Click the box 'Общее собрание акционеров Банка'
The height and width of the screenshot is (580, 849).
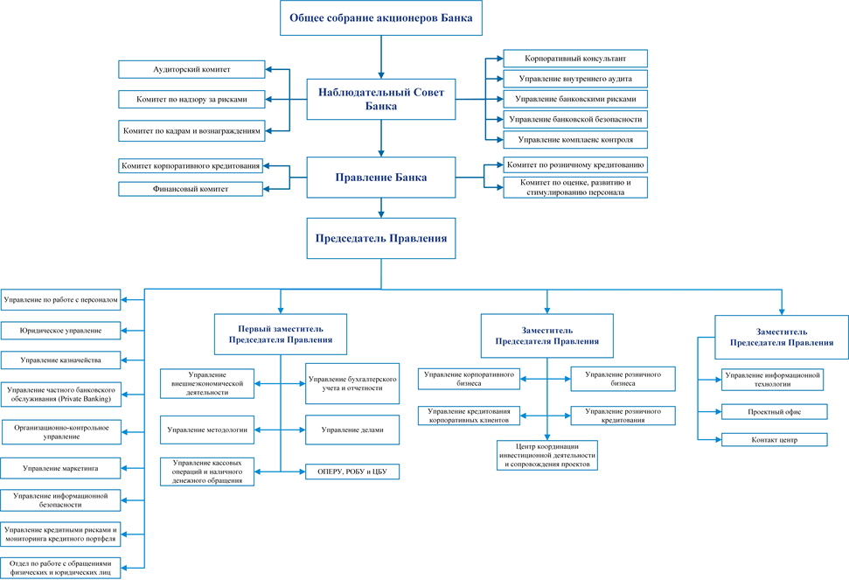tap(380, 17)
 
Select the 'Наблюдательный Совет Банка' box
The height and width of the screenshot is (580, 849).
tap(380, 99)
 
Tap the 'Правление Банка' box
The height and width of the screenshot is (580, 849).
tap(380, 177)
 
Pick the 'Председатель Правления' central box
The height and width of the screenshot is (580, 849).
tap(380, 238)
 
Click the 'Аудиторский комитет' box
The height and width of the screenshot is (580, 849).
tap(191, 69)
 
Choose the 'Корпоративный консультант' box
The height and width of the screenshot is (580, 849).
tap(575, 59)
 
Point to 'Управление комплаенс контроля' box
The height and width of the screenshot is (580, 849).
tap(575, 139)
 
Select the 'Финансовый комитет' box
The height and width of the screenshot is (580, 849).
tap(191, 189)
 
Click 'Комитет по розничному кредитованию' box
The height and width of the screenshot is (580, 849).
tap(575, 164)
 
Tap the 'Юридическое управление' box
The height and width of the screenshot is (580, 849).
tap(60, 331)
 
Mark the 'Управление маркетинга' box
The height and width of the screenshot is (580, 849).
tap(60, 468)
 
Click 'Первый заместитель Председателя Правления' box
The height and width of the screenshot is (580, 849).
tap(281, 334)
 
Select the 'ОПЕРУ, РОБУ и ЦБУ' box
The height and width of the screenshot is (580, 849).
tap(352, 472)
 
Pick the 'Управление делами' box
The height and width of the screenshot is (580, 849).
tap(352, 430)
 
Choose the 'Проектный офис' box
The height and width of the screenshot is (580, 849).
tap(775, 411)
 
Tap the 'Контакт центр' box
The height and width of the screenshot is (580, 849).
tap(775, 440)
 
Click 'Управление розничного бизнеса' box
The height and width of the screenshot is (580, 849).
tap(623, 379)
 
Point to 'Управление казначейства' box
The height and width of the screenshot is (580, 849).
tap(60, 360)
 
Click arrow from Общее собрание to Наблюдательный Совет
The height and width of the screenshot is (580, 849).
tap(381, 58)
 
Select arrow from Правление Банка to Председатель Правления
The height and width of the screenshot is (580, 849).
tap(381, 208)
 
